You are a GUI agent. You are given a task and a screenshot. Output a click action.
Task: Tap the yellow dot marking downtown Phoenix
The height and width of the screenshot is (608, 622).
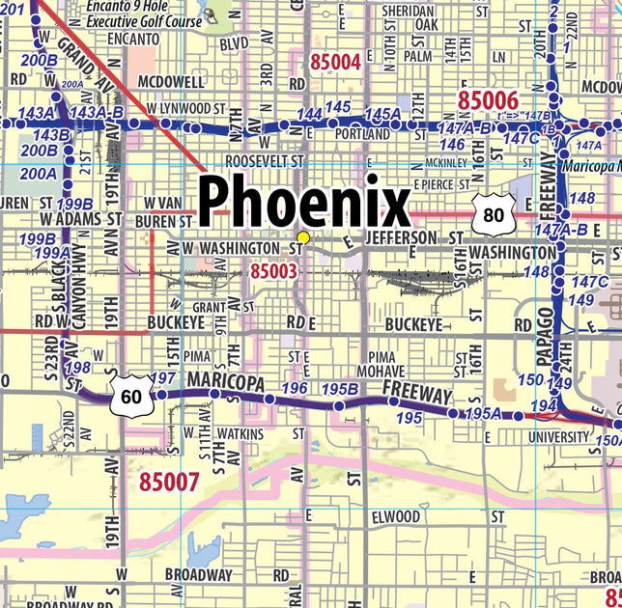[x=303, y=237]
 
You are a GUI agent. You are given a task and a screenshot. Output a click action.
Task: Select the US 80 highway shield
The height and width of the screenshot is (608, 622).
[x=493, y=214]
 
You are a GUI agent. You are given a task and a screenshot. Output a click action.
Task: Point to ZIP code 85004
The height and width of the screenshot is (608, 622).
[x=335, y=63]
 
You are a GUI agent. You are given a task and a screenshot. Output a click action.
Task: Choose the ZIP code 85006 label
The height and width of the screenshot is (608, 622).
[x=488, y=99]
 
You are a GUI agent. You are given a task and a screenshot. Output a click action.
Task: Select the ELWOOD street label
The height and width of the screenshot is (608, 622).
[x=396, y=517]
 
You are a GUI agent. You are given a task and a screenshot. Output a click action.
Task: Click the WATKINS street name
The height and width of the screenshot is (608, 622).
[x=240, y=434]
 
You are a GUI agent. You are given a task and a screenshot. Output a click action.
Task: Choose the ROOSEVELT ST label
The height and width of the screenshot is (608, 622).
[x=264, y=160]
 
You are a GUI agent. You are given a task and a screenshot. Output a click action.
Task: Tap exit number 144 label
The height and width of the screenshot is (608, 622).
[x=309, y=115]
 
